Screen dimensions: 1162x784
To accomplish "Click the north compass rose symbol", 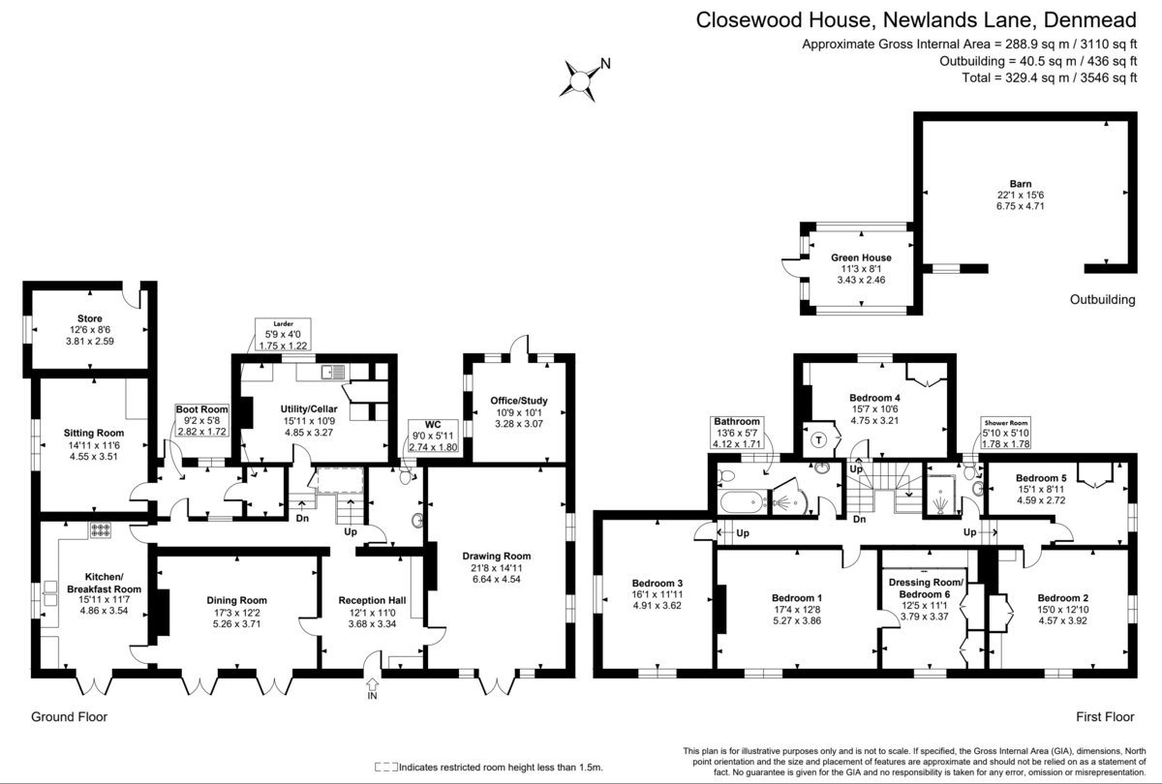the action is point(579,81).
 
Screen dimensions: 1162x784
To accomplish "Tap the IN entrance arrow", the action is point(372,683).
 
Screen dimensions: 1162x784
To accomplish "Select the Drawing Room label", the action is point(497,556).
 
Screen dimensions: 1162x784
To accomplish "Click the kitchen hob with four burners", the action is point(101,530).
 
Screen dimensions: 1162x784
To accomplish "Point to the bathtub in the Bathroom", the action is point(743,502).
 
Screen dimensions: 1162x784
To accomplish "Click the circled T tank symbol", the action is point(818,440).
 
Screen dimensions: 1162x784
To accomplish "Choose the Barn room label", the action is point(1021,184).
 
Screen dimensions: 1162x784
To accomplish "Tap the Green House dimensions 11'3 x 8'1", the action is point(861,269).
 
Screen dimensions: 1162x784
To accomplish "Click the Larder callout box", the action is point(283,335).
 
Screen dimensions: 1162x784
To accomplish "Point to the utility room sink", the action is point(332,372).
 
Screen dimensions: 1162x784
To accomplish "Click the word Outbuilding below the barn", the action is point(1102,300).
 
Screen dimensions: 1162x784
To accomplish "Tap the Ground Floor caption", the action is point(69,716).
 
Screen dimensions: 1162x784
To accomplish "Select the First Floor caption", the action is point(1105,716).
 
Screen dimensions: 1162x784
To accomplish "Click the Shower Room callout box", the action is point(1006,433).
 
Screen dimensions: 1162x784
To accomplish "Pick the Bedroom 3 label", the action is point(657,584).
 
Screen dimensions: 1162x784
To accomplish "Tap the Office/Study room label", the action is point(519,401).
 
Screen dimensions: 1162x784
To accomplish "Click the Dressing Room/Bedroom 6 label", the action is point(925,588).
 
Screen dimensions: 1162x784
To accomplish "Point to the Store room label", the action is point(90,318).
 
